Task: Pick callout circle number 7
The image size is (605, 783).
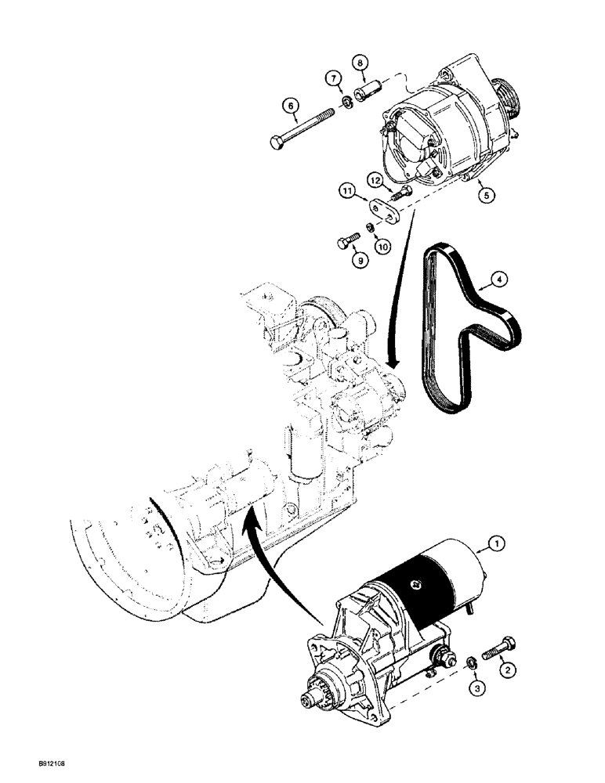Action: (333, 78)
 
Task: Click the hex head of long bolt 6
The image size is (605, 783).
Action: (277, 143)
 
